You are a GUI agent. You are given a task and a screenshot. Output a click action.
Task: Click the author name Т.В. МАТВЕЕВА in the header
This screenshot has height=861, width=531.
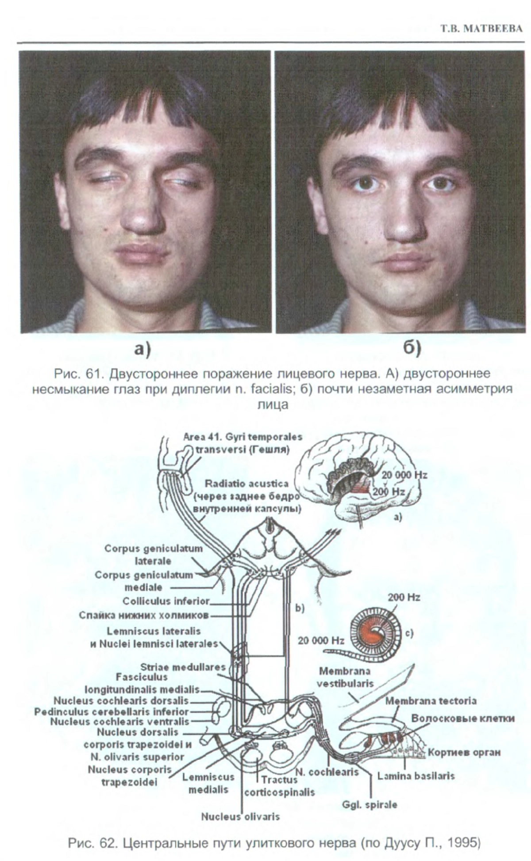pos(481,29)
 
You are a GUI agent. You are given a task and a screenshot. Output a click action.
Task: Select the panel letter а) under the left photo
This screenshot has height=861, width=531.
pos(143,349)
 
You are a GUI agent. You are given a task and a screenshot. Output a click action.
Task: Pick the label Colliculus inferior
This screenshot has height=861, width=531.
pos(166,601)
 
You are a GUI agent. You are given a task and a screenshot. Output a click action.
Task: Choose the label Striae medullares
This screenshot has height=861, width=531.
pos(183,667)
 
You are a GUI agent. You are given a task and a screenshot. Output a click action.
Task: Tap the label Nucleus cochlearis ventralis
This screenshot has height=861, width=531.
pos(119,722)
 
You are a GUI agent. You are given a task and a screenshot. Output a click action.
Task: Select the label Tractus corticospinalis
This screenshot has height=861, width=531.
pos(279,786)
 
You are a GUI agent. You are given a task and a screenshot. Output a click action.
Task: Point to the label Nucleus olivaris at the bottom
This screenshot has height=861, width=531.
pos(240,816)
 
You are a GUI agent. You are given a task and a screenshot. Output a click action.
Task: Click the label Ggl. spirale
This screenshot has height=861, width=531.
pos(369,804)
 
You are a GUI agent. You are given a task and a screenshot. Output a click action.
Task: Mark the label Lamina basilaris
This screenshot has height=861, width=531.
pos(416,776)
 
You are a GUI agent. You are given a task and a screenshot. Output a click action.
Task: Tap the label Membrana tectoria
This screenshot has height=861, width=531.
pos(431,701)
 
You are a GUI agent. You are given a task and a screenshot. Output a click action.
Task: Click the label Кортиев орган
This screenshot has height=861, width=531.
pos(464,752)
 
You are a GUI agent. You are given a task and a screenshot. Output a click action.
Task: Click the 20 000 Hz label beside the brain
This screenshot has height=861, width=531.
pos(404,475)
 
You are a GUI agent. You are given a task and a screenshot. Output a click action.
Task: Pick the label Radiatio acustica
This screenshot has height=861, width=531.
pos(246,484)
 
